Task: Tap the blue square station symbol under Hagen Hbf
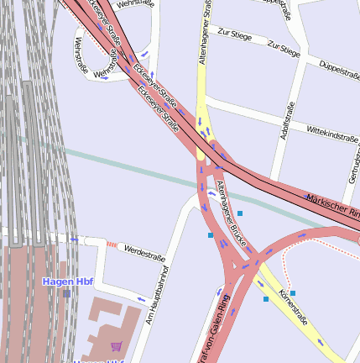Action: point(66,293)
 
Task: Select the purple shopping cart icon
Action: point(116,345)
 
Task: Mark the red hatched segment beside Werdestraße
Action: point(111,245)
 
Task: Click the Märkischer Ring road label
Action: point(332,203)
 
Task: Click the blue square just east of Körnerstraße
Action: point(293,293)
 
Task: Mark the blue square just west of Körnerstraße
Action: point(266,299)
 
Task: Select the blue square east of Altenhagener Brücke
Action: point(240,213)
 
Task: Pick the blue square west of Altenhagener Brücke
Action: point(211,235)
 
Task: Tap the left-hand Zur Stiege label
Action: point(233,34)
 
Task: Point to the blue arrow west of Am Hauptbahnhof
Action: point(139,298)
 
